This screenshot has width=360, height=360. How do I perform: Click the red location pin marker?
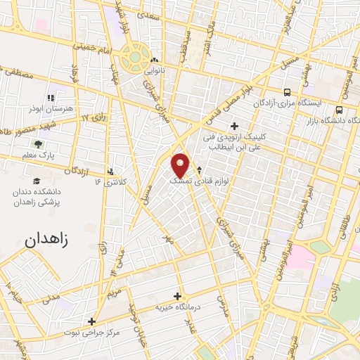pos(181,165)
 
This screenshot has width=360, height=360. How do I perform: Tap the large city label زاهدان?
pos(51,240)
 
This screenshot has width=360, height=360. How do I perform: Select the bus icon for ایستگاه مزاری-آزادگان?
pos(287,92)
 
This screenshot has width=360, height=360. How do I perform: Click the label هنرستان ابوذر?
pos(51,110)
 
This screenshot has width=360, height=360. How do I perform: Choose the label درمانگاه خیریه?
pos(178,307)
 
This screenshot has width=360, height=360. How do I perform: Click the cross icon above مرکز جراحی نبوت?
pos(91,322)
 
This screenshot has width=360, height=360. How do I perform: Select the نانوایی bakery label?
pos(155,71)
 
